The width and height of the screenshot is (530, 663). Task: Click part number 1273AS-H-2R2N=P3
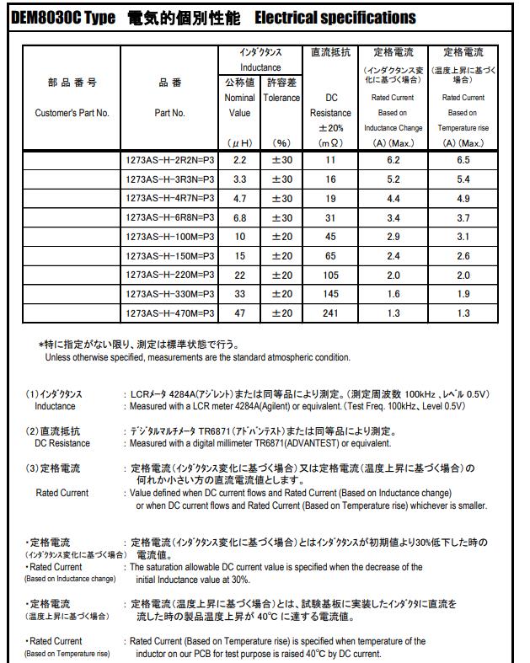(x=169, y=159)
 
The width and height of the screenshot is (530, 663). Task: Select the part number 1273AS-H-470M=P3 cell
(x=169, y=313)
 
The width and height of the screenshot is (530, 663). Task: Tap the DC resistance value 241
(x=330, y=313)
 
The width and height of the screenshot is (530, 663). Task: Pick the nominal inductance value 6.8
(x=240, y=217)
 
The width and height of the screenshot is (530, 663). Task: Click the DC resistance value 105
(x=330, y=275)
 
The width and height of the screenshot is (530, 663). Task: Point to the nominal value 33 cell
(x=240, y=294)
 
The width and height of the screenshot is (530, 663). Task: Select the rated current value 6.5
(x=463, y=159)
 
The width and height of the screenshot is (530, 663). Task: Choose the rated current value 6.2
(x=393, y=159)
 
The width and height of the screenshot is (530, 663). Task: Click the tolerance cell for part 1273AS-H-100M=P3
(x=282, y=237)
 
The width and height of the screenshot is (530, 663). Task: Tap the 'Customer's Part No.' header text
(x=72, y=113)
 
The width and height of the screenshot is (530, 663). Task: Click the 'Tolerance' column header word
(x=281, y=98)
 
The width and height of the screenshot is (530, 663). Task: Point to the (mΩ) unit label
(x=330, y=143)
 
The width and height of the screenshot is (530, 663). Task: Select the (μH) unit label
(x=240, y=143)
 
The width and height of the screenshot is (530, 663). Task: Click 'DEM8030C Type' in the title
(x=64, y=18)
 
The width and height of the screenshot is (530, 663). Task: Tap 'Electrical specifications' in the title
(x=335, y=18)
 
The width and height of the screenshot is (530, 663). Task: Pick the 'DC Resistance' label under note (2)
(x=62, y=443)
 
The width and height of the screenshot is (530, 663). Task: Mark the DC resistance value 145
(x=330, y=294)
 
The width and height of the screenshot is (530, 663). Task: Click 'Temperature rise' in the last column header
(x=463, y=128)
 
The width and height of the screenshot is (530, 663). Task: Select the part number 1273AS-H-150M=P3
(x=169, y=255)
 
